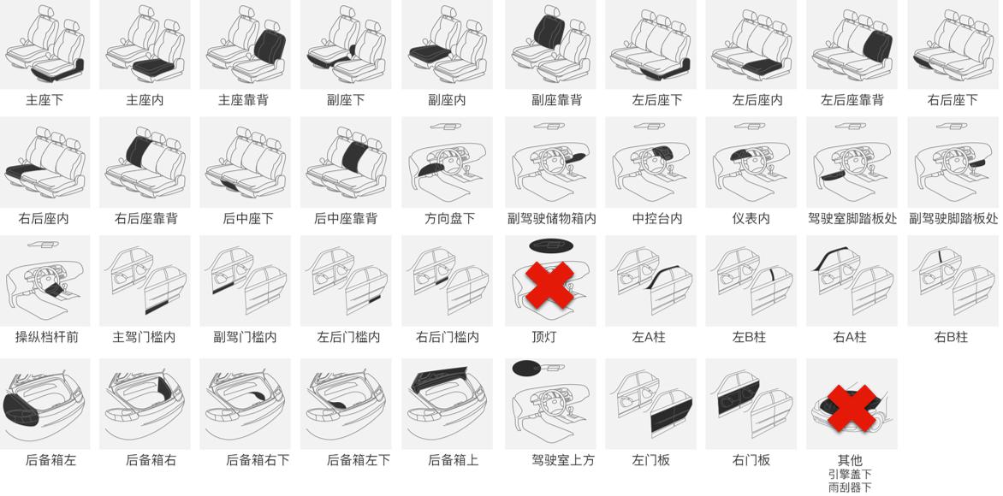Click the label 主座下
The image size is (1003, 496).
pos(45,100)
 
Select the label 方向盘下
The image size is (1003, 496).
pos(449,219)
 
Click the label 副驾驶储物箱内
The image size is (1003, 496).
pos(552,219)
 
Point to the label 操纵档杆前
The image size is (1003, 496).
pos(47,337)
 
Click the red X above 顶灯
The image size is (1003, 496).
pos(549,285)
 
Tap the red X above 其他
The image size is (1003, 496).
pos(852,408)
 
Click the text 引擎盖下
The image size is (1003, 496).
pos(850,475)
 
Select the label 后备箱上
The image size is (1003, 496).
pos(453,460)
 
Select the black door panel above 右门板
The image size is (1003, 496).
pos(739,397)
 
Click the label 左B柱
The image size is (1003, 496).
pos(749,337)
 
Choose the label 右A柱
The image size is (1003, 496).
pos(850,337)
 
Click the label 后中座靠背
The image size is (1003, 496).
pos(346,219)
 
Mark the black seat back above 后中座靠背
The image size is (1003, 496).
pos(354,156)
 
